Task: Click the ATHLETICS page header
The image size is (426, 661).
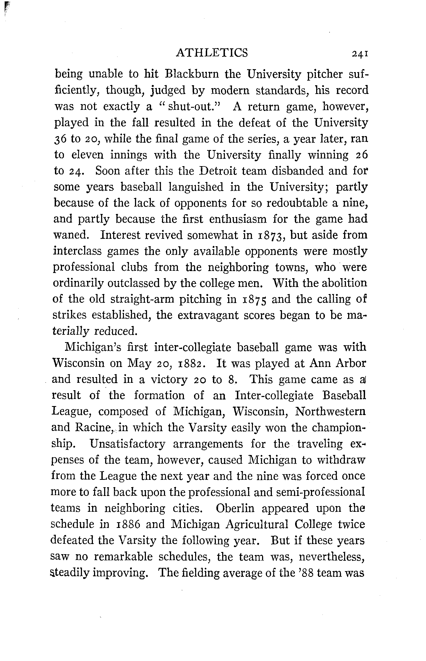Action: [x=212, y=53]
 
